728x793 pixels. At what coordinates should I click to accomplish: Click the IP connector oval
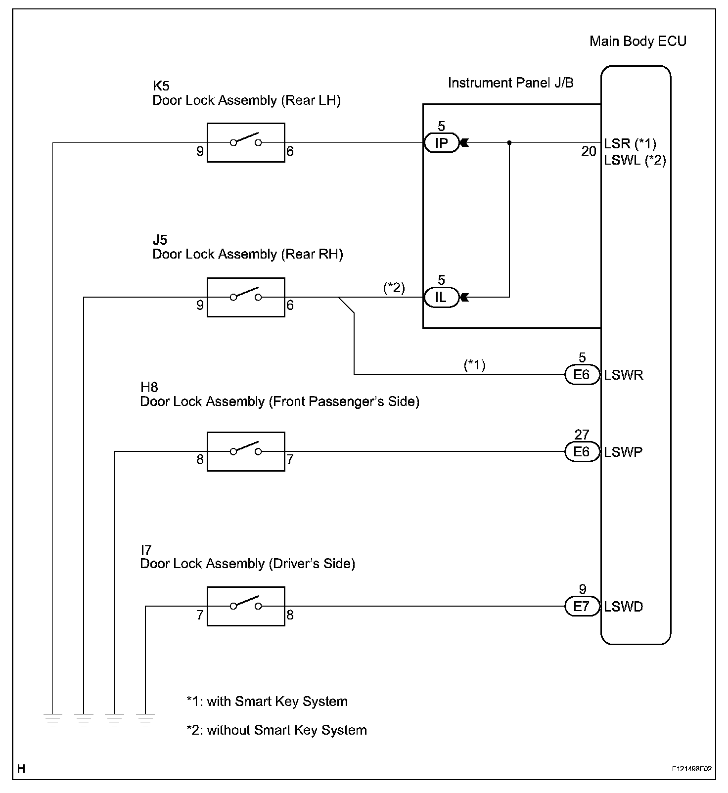coord(441,143)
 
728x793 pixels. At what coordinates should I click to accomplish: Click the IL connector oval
coord(441,297)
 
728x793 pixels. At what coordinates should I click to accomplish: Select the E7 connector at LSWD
coord(582,606)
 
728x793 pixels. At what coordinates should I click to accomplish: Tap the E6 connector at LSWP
coord(582,451)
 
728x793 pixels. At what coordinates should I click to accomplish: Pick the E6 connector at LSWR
coord(582,375)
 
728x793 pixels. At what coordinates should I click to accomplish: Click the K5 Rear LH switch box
coord(246,143)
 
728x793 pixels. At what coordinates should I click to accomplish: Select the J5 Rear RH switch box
coord(246,297)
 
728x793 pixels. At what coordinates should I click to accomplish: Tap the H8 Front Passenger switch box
coord(246,451)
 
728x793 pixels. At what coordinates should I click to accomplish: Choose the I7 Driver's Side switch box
coord(246,606)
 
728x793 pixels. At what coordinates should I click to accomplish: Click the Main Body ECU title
coord(637,41)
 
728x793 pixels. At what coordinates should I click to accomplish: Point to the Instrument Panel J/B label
coord(510,83)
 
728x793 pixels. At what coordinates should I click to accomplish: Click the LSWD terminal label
coord(624,607)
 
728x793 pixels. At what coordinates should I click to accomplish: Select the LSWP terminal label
coord(623,452)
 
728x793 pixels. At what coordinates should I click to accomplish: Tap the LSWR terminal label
coord(624,375)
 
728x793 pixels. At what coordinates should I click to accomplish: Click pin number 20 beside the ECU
coord(589,151)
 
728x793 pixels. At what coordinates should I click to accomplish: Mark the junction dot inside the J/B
coord(509,143)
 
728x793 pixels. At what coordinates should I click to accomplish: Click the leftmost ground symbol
coord(53,719)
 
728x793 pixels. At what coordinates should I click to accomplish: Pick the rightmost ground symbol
coord(145,719)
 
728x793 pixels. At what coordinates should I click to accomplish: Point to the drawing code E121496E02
coord(691,769)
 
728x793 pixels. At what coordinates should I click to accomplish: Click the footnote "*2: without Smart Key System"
coord(276,730)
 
